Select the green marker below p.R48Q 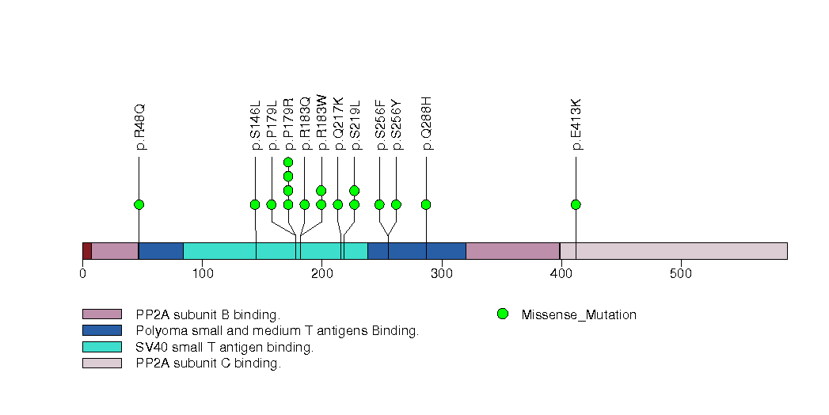139,204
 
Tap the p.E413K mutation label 576,124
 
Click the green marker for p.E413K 576,204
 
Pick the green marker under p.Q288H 426,204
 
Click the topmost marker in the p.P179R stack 288,162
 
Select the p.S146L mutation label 255,125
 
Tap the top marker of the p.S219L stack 354,190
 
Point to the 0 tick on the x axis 83,274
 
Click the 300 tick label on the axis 442,274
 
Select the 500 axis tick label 681,274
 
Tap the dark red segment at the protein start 87,251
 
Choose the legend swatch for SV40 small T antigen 102,347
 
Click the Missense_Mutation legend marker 502,314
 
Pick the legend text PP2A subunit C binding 208,364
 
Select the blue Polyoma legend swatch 102,330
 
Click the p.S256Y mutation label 397,124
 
